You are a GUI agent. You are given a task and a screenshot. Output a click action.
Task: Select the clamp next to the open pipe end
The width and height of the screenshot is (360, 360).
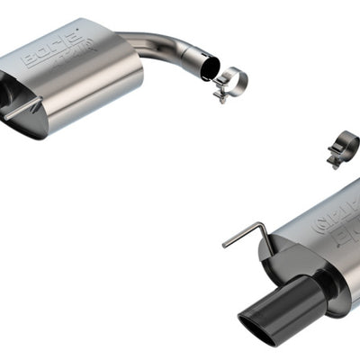[230, 83]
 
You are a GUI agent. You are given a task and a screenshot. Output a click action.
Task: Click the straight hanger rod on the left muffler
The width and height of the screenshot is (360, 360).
[22, 112]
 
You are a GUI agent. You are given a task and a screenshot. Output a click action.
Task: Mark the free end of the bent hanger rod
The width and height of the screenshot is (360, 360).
[226, 243]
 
